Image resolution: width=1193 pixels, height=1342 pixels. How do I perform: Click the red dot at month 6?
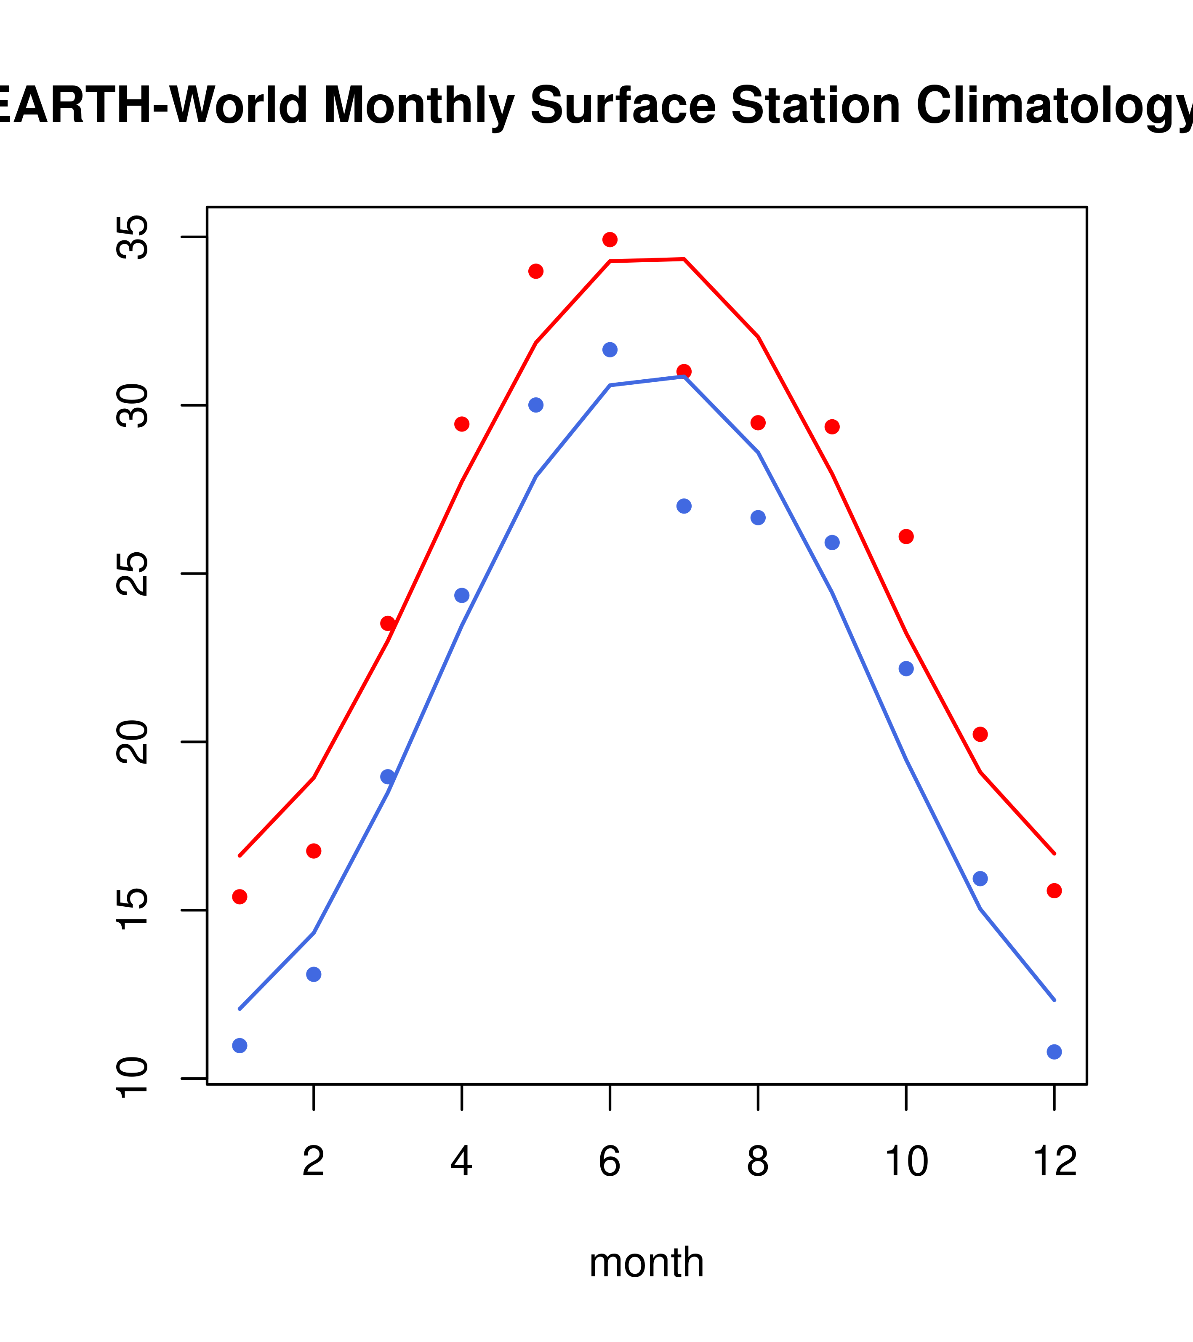610,240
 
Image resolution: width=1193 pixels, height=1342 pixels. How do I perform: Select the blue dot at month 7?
684,506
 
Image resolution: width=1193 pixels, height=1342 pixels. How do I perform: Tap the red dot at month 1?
240,897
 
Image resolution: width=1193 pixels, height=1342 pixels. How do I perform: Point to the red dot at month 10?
906,537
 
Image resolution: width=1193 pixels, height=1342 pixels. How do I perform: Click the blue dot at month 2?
314,975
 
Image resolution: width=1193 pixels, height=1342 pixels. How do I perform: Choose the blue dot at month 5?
536,405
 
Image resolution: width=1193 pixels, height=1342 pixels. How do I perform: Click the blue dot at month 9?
832,542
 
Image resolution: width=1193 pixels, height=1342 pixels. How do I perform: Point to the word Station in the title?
815,105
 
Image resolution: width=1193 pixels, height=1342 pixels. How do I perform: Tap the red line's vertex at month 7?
684,259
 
